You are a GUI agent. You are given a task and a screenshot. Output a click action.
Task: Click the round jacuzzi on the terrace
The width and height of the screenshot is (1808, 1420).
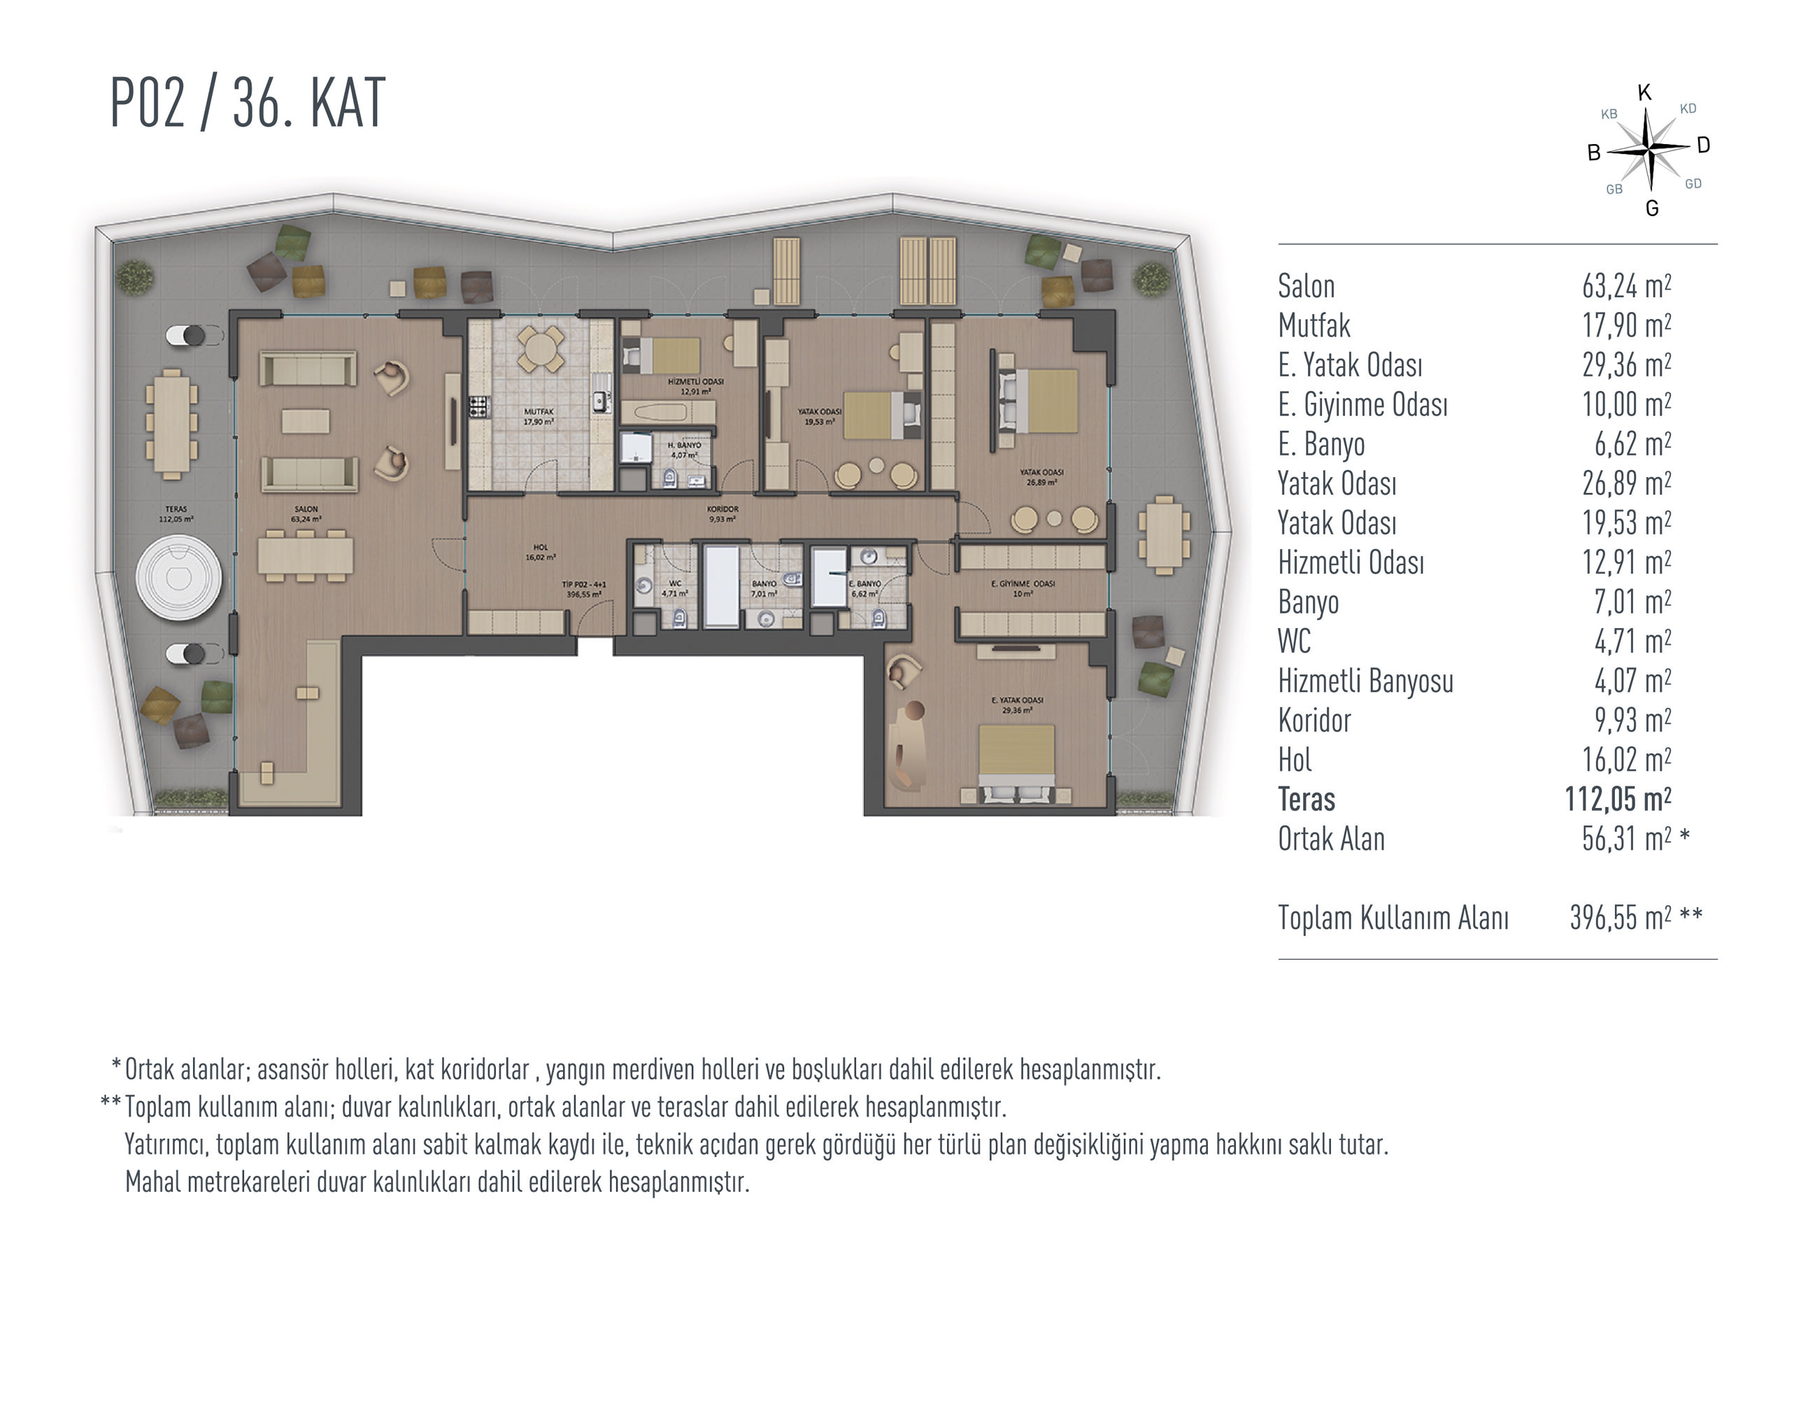point(179,577)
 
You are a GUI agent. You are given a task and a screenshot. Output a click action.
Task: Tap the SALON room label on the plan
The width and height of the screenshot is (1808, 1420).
point(306,509)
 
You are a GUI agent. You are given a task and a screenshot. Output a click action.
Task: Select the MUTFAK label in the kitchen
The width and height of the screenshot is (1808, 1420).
point(539,411)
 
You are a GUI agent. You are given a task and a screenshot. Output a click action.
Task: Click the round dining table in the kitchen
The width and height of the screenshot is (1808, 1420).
point(541,349)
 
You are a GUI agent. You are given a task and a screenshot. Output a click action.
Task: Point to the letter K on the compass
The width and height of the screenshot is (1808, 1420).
point(1644,92)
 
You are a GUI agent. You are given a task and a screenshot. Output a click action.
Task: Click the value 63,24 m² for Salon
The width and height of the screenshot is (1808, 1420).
point(1626,286)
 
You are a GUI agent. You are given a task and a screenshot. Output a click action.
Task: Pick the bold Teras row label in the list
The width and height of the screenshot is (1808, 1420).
point(1306,799)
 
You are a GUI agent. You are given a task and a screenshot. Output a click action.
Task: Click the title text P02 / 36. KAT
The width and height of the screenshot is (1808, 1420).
point(248,103)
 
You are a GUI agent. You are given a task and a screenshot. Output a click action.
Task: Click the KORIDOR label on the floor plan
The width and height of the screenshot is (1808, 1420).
point(723,509)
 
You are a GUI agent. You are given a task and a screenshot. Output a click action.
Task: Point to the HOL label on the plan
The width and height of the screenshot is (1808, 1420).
point(541,548)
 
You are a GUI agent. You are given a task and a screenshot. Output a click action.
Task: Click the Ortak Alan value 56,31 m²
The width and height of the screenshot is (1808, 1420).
point(1626,839)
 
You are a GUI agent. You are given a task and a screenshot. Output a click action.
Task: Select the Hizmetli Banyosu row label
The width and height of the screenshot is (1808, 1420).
point(1365,681)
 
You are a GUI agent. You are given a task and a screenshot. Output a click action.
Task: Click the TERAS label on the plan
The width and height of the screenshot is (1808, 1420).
point(176,509)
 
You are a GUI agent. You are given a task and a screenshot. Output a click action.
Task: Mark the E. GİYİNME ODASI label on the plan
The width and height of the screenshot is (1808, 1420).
point(1023,583)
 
